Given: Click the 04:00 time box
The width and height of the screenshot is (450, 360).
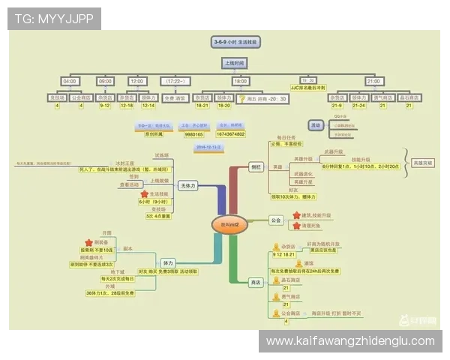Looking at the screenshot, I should coord(70,81).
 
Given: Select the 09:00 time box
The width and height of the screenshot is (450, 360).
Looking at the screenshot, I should coord(105,81).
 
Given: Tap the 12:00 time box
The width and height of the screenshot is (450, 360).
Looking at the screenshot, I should coord(137,81).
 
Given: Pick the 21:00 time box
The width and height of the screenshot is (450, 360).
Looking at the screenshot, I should coord(373,81).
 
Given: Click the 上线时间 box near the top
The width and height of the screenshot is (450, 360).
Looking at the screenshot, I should coord(235,63).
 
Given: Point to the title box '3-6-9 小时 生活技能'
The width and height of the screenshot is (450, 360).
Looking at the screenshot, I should coord(235,43).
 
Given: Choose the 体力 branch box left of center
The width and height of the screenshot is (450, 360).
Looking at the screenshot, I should coord(168,263).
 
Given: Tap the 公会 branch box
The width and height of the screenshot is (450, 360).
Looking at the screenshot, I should coord(275,220).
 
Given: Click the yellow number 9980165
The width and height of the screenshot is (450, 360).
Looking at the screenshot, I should coord(194,133).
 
